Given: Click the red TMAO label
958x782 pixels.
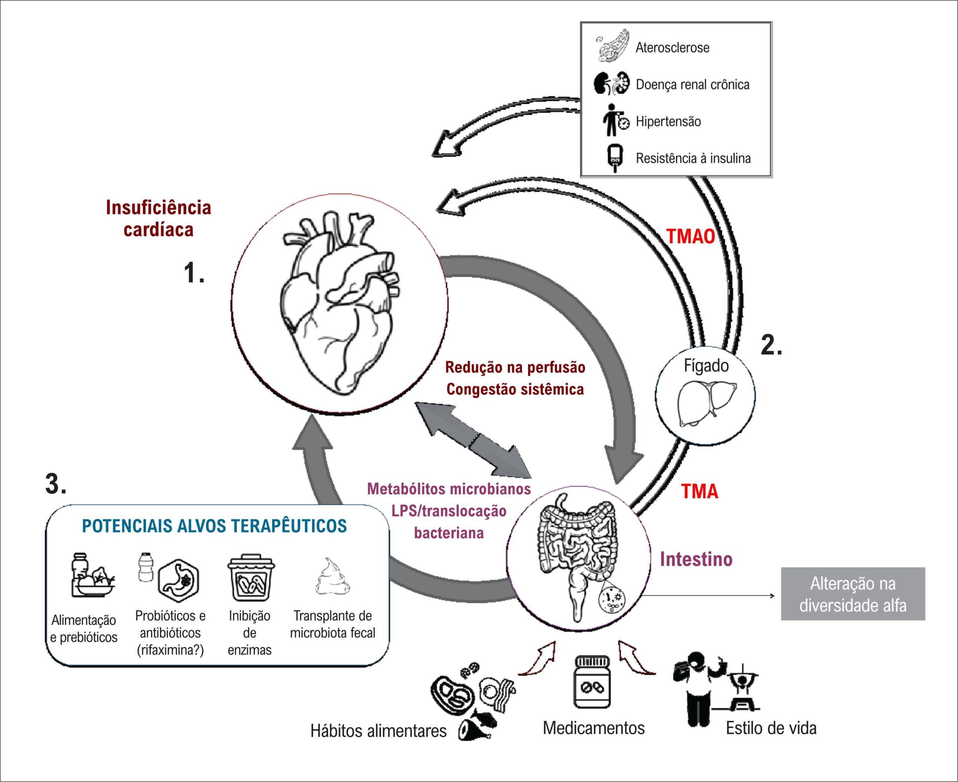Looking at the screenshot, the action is coord(691,236).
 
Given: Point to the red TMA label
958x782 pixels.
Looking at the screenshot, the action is coord(699,491).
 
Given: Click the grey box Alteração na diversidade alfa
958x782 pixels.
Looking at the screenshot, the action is coord(852,594).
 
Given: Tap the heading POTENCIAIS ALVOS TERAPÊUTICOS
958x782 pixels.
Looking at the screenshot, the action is coord(214,526).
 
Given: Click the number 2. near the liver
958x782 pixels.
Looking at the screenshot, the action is coord(772,345).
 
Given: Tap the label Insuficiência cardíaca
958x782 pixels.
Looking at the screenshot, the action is coord(159,219).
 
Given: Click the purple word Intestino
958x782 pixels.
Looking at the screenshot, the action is coord(696,559).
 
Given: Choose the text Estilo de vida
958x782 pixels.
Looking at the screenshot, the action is coord(771,728).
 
